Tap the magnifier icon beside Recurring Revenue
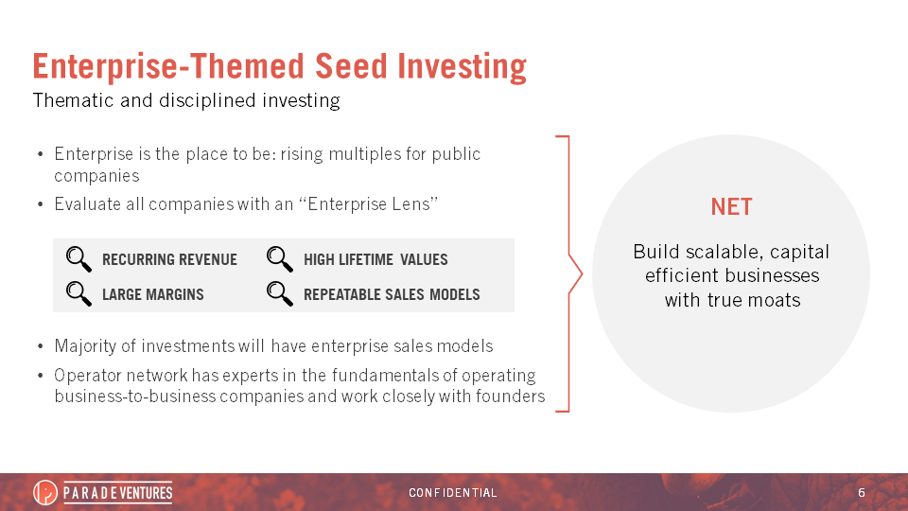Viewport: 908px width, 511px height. point(79,259)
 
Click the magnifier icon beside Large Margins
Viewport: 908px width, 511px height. point(79,293)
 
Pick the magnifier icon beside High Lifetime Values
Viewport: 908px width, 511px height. point(280,259)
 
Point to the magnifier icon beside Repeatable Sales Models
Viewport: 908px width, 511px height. point(280,293)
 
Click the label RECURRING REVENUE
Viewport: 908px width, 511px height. point(169,259)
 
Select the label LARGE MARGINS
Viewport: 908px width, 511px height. point(153,294)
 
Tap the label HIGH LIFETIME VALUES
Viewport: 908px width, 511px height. point(375,259)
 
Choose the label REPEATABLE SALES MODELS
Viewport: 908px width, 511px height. point(392,294)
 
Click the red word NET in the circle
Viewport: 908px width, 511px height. point(731,207)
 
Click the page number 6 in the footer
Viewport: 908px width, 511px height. point(862,492)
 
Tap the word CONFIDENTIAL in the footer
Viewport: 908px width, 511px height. point(453,492)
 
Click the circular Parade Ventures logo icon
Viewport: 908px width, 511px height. point(45,492)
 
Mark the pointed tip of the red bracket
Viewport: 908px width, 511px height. point(582,274)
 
